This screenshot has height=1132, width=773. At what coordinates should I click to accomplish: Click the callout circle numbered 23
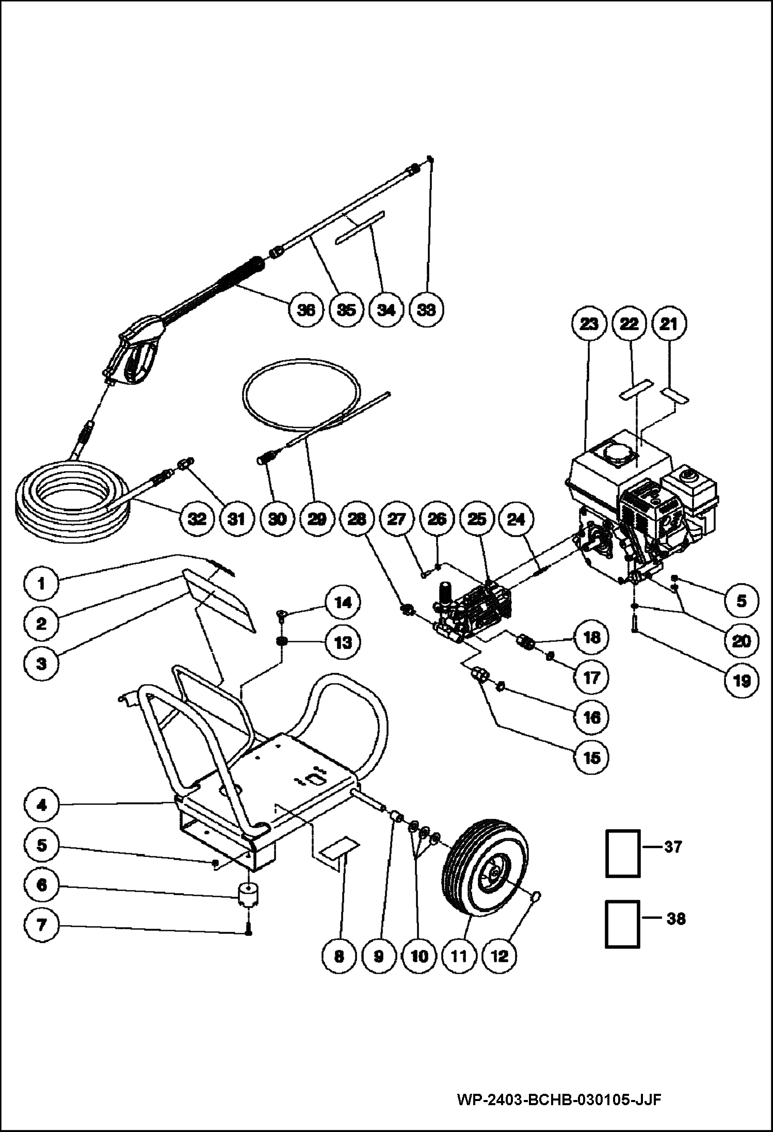click(589, 324)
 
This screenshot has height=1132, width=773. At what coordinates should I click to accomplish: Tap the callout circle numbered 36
click(306, 310)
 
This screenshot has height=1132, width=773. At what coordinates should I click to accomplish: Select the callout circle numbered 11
click(459, 957)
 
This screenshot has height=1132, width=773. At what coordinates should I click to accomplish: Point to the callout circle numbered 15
click(591, 757)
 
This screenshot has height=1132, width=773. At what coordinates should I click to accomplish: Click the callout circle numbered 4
click(41, 804)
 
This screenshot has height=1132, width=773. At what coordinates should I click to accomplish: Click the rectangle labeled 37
click(622, 853)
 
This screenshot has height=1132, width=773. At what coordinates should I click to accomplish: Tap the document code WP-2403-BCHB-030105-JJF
click(559, 1098)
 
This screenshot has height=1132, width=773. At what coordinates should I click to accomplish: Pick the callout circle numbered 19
click(742, 681)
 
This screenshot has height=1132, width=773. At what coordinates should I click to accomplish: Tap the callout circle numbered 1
click(41, 584)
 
